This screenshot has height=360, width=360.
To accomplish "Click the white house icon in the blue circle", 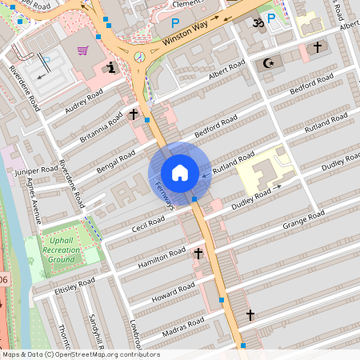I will tap(179, 173).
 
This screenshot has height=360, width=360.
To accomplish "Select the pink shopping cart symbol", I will tap(82, 50).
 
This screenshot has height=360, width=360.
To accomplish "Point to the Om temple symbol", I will tap(258, 24).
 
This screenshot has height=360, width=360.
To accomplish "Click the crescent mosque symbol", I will tap(268, 62).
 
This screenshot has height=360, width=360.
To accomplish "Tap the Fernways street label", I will tap(163, 194).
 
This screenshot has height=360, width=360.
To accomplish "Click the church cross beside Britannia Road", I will tap(134, 114).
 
